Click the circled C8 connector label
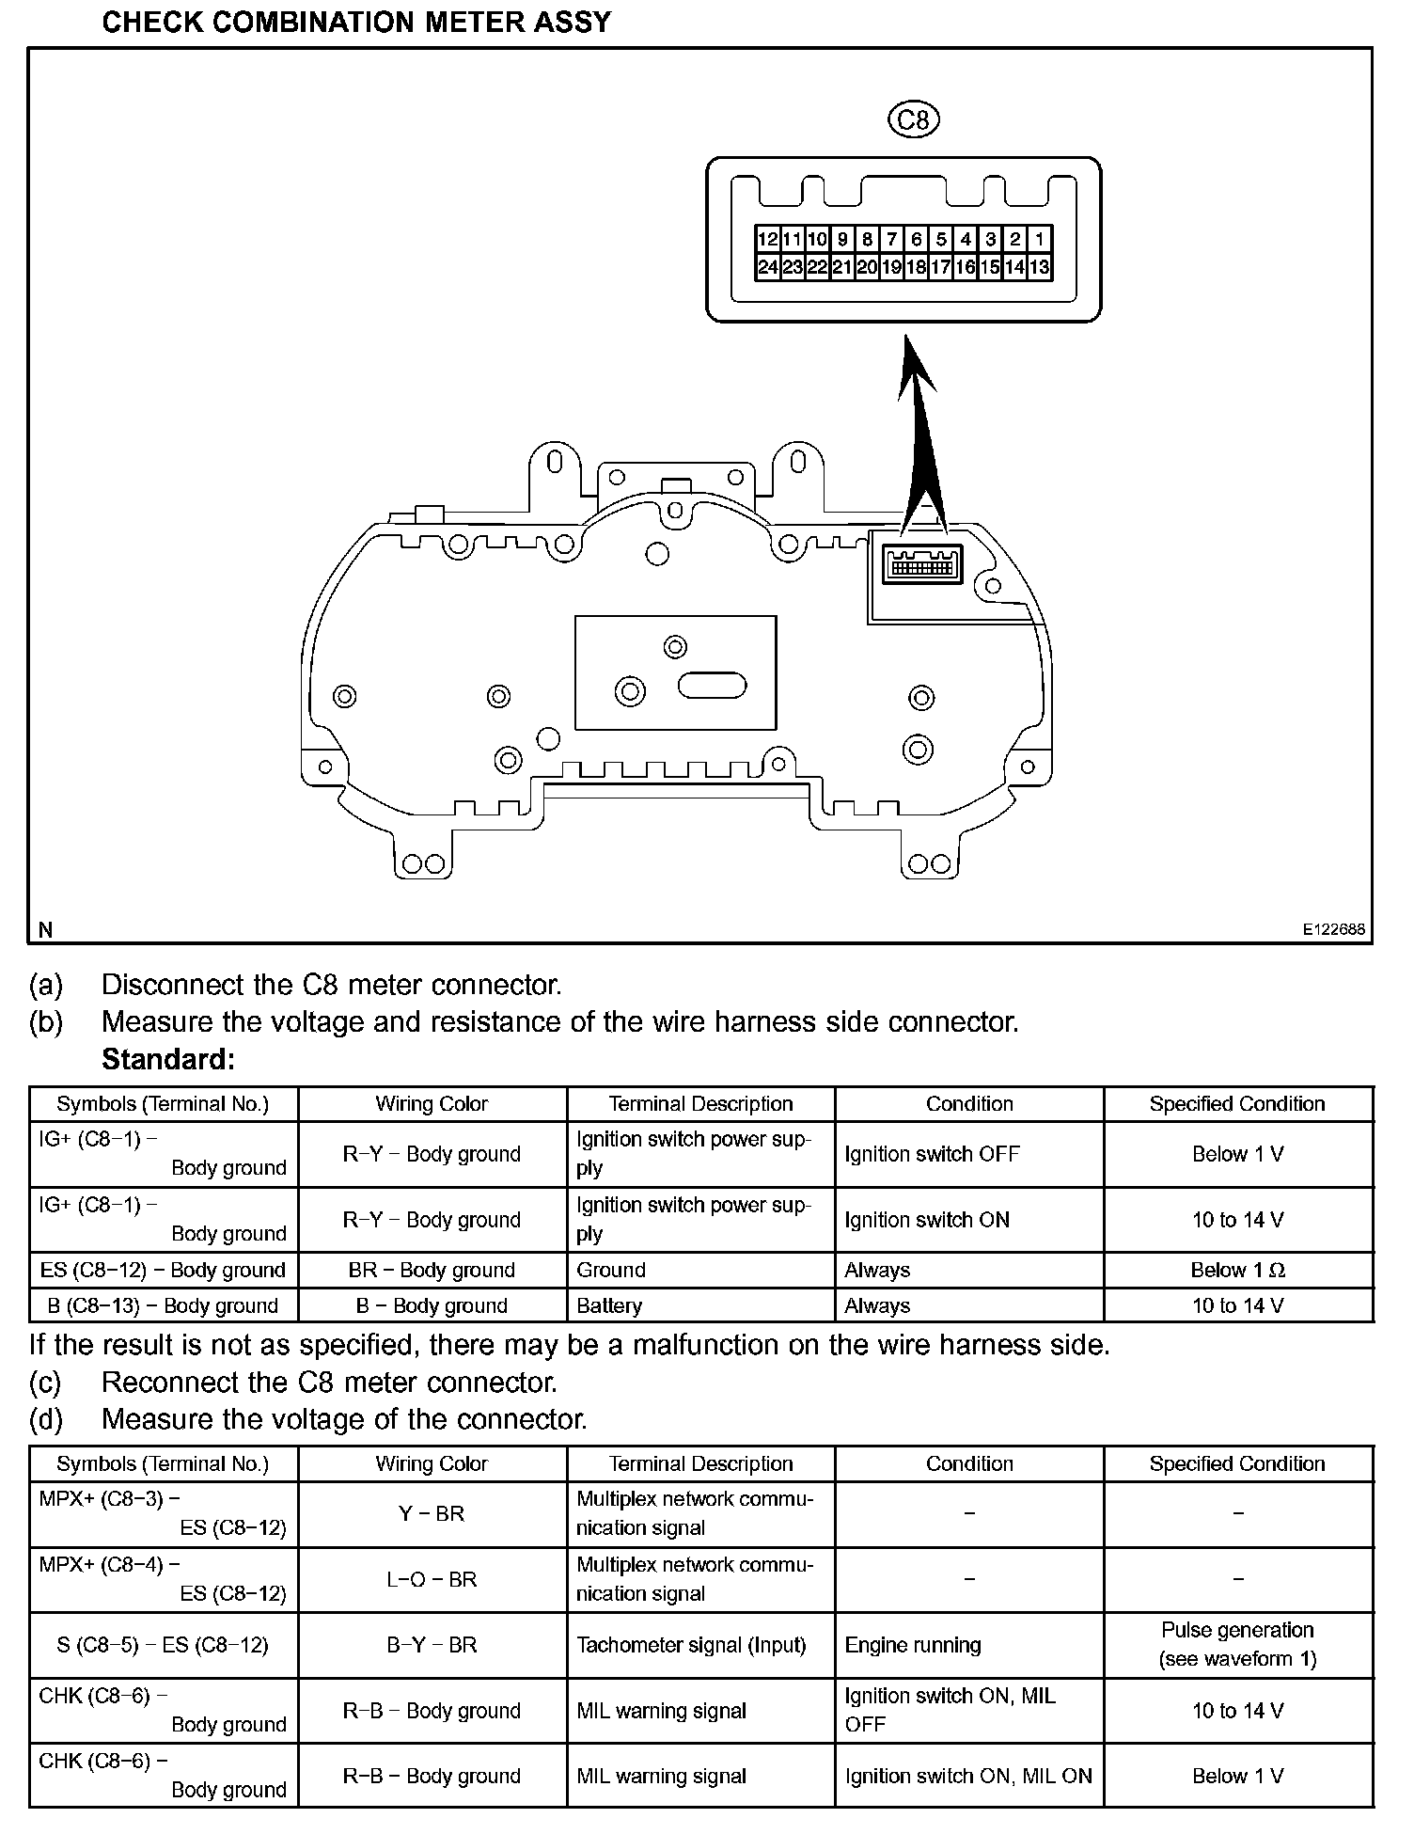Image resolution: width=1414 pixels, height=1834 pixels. pos(913,119)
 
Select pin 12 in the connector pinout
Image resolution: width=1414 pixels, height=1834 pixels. pos(767,239)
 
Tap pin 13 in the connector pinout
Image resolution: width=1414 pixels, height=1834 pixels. pos(1039,267)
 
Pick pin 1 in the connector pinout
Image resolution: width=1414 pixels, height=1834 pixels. pos(1039,239)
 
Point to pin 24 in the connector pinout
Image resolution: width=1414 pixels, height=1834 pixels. pos(767,267)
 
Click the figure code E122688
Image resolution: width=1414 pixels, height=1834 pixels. pos(1333,929)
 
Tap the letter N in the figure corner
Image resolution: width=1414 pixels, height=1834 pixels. pos(45,930)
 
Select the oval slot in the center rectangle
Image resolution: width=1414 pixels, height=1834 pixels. pos(712,686)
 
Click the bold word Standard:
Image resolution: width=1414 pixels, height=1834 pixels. pos(167,1059)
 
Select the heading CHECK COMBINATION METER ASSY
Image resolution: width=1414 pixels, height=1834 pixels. pos(356,22)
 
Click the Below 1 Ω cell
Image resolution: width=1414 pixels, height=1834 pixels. pos(1237,1270)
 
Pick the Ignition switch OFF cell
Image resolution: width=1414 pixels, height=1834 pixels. pos(932,1154)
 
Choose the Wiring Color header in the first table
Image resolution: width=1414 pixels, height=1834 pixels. pos(432,1104)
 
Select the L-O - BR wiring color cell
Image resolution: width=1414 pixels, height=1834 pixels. pos(432,1579)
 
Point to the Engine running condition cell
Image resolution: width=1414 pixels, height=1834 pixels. pos(913,1645)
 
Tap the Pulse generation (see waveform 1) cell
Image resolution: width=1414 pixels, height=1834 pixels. pos(1237,1644)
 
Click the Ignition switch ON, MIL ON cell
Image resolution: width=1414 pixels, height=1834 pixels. pos(968,1776)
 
